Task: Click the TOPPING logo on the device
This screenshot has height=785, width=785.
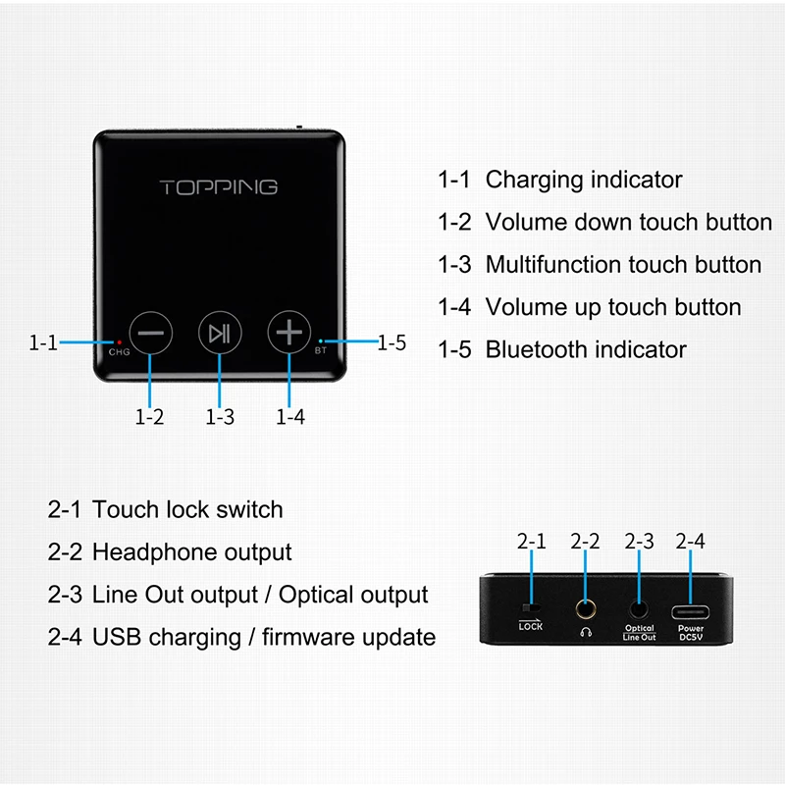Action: click(219, 186)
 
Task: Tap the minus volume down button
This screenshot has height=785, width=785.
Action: click(151, 333)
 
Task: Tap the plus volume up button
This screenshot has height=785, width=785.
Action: click(288, 333)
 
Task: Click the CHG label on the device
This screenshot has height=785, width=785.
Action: click(120, 352)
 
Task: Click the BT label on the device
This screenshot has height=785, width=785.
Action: click(321, 351)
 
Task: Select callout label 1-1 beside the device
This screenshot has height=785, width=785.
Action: click(43, 342)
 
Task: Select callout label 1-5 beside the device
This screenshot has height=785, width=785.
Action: click(392, 342)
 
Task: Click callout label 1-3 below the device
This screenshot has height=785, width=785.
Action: click(220, 417)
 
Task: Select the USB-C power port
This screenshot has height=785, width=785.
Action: click(690, 610)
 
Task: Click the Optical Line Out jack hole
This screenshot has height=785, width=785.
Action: click(639, 609)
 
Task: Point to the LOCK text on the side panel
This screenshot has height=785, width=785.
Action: click(531, 627)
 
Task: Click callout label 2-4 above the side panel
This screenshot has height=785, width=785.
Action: click(690, 541)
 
